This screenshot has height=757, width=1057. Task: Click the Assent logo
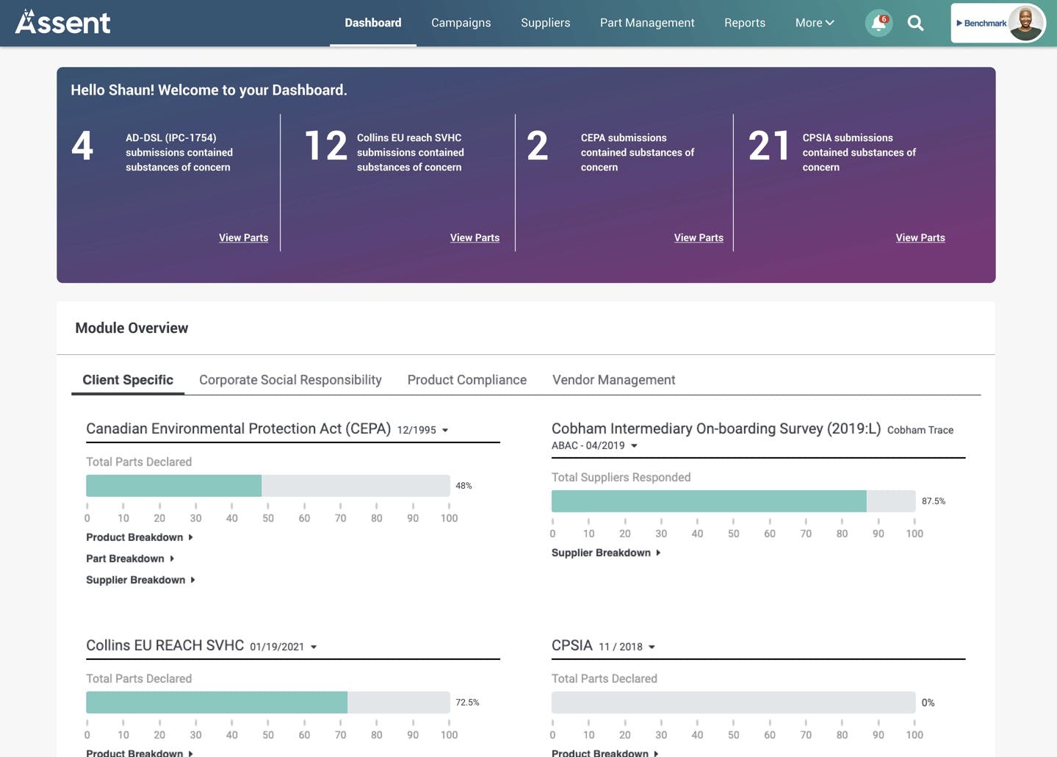point(62,22)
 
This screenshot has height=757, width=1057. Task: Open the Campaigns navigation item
point(461,23)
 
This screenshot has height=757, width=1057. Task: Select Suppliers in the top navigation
point(546,23)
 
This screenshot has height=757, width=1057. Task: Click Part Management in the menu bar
point(647,23)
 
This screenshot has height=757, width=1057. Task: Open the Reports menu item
point(745,23)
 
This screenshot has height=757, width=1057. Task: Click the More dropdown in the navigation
point(815,23)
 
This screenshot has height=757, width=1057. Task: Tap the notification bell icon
point(879,23)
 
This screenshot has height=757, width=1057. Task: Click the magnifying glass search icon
point(915,23)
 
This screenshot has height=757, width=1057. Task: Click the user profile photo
point(1025,23)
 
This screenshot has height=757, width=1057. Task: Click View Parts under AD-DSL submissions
point(243,237)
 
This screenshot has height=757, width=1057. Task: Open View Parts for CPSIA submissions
point(920,237)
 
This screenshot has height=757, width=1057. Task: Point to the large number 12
point(326,146)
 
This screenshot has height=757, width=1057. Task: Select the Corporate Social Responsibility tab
point(290,380)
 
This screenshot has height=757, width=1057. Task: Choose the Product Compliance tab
point(466,380)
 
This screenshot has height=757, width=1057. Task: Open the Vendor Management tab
point(613,380)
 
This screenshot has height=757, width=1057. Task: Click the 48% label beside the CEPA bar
point(463,486)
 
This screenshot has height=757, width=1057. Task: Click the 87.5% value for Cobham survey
point(934,501)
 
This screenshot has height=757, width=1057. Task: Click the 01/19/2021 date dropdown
point(283,647)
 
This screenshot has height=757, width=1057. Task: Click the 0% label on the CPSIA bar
point(928,703)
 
